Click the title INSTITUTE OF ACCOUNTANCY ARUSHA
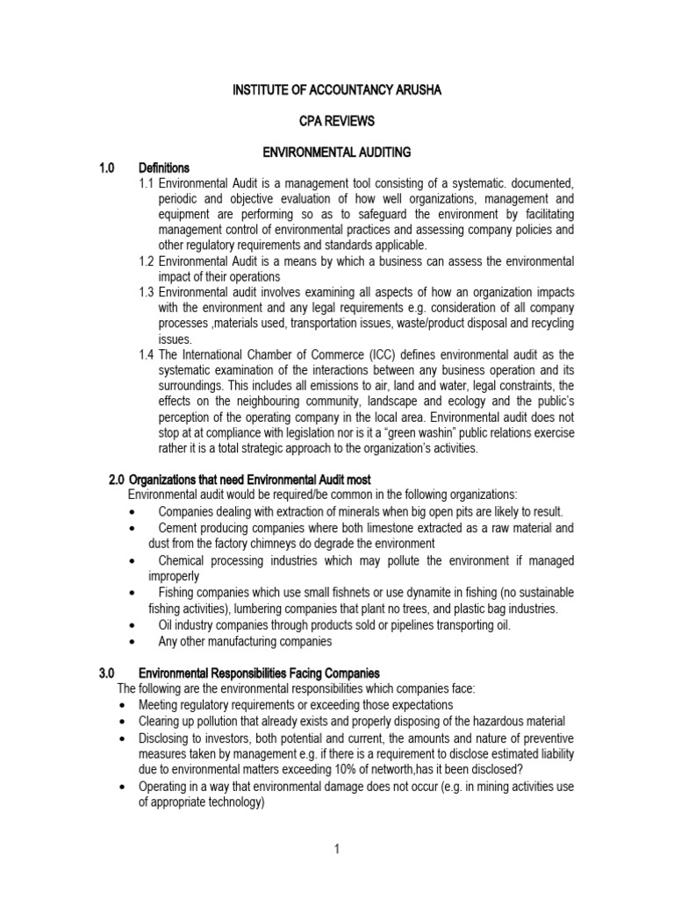point(338,90)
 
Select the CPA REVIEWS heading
point(338,121)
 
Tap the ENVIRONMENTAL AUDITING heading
point(338,153)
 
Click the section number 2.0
point(118,480)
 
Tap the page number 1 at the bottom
point(337,850)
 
